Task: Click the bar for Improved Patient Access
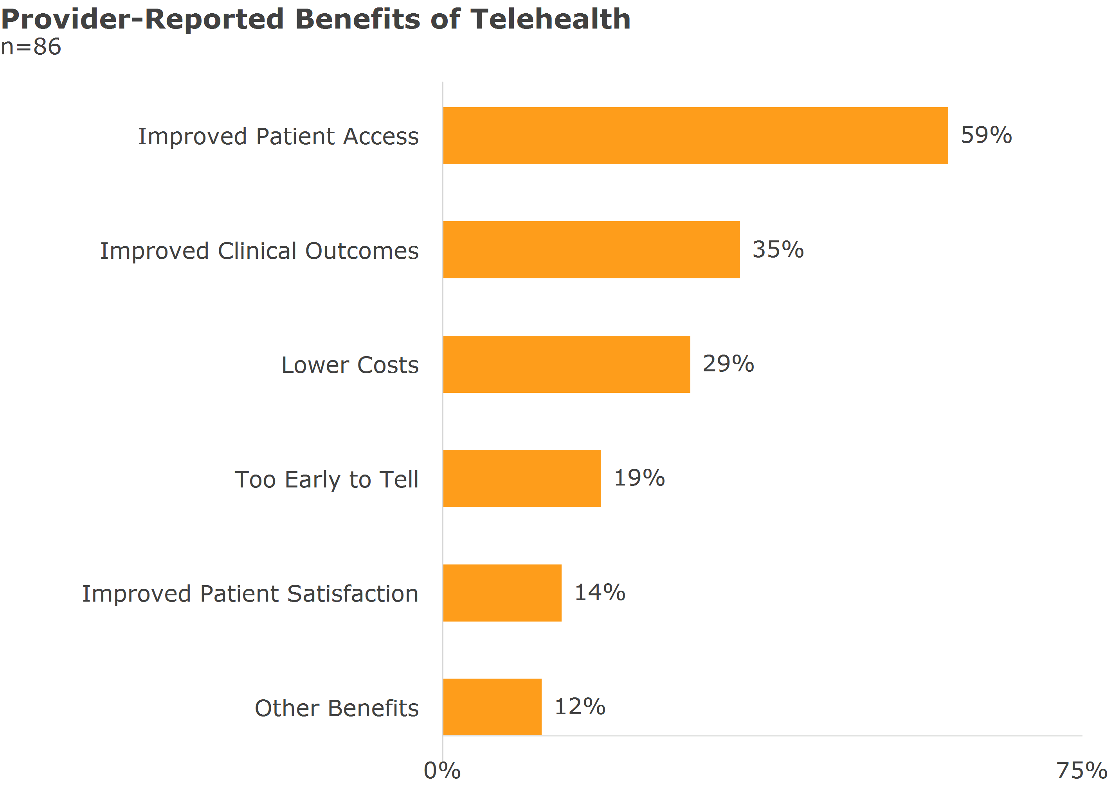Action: tap(695, 136)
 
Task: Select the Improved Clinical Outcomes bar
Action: tap(591, 250)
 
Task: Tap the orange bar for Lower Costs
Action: tap(566, 364)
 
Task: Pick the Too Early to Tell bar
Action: tap(522, 478)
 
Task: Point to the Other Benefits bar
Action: tap(492, 707)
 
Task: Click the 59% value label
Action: tap(986, 135)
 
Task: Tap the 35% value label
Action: tap(778, 249)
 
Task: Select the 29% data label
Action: tap(728, 364)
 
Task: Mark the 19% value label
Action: tap(639, 478)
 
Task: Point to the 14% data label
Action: tap(600, 592)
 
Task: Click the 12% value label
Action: tap(580, 706)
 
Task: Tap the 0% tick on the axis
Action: tap(442, 771)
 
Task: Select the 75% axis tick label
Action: tap(1081, 771)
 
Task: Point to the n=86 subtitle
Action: tap(31, 47)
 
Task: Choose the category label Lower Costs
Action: tap(350, 365)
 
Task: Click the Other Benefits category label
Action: tap(337, 708)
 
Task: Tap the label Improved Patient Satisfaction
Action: tap(250, 594)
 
